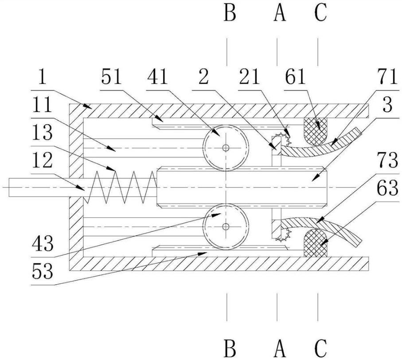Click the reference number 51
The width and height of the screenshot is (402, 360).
click(111, 77)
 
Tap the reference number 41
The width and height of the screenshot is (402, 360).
click(157, 77)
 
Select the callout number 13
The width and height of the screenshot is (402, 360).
click(43, 133)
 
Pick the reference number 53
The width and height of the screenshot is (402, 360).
click(43, 271)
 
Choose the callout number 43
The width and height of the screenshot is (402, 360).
click(43, 243)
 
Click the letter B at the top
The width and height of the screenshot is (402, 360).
click(230, 13)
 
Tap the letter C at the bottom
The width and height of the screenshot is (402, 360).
click(320, 348)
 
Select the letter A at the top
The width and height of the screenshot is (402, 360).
click(280, 13)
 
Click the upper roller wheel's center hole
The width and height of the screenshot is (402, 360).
click(226, 148)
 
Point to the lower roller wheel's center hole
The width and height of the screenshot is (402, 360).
click(226, 227)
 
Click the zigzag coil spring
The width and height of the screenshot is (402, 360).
click(120, 188)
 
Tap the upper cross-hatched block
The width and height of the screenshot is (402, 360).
click(315, 132)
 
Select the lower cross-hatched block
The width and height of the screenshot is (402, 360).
click(315, 243)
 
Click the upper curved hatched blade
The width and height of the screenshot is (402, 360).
click(320, 144)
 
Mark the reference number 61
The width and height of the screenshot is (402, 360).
click(295, 77)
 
